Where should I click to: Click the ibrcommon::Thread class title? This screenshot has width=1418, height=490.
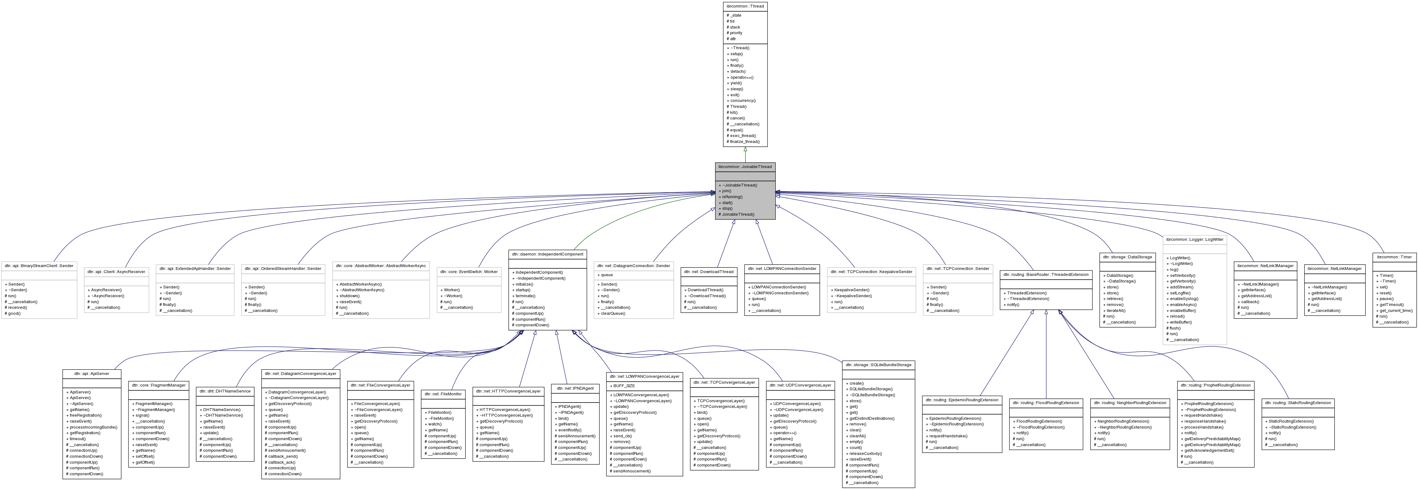745,6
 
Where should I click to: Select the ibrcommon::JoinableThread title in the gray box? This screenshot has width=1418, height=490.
745,166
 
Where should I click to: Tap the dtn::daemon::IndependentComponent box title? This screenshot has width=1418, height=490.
547,254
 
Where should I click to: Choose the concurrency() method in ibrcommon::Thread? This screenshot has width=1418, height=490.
743,101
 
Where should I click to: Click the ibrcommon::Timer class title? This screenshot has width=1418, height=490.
1394,257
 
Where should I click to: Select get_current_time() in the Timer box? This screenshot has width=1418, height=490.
1395,310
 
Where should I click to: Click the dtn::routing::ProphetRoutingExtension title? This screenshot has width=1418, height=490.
1216,385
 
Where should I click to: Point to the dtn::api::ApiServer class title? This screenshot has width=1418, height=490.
92,373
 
